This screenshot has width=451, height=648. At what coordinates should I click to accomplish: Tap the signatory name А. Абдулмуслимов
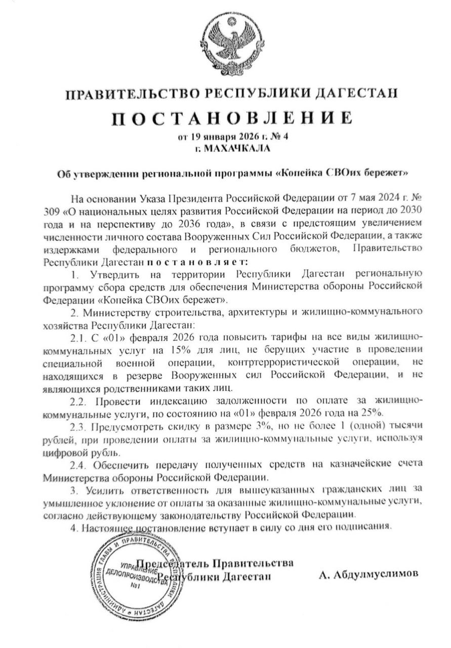point(368,575)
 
